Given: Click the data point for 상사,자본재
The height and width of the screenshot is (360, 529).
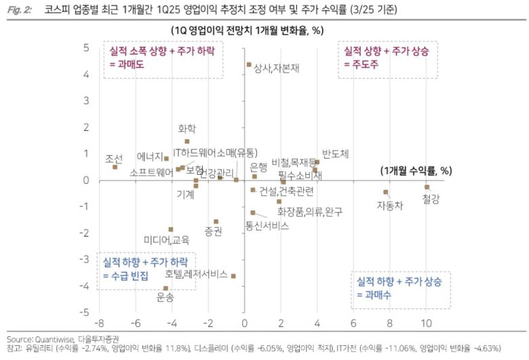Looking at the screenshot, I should (249, 65).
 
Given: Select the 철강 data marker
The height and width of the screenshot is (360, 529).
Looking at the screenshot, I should (427, 186).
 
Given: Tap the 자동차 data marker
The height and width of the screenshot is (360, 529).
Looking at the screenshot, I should (385, 192).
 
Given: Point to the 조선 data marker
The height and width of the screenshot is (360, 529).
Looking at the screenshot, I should (115, 167).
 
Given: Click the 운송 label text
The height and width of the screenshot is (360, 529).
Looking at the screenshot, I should (165, 297).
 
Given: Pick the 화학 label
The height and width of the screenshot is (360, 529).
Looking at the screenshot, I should (187, 128).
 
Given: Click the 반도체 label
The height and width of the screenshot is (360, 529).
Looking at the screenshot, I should (335, 154).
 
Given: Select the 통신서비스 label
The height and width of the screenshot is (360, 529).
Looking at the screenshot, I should (267, 225).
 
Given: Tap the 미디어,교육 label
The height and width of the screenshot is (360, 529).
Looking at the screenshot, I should (167, 240).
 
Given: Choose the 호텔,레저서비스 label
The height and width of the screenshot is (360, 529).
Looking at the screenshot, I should (195, 275).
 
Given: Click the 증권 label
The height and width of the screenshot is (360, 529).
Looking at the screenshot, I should (214, 232).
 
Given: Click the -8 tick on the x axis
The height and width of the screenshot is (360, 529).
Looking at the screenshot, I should (99, 323).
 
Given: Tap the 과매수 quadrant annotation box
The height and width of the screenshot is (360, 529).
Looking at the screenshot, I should (400, 288).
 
